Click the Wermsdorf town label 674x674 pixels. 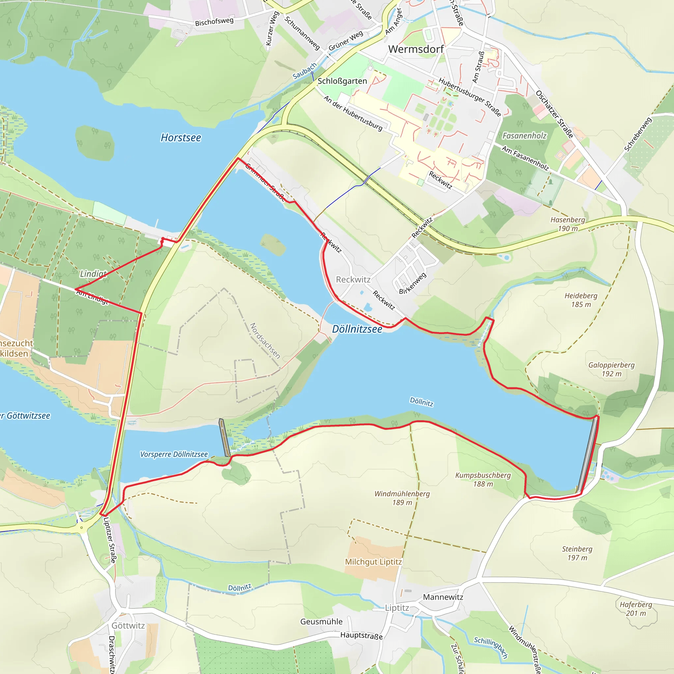416,49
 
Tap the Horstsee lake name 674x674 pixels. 181,138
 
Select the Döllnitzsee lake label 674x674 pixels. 357,329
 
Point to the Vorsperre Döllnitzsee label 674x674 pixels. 174,454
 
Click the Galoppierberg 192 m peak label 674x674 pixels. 611,369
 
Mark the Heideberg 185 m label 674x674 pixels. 581,300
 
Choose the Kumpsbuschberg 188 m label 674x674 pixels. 483,479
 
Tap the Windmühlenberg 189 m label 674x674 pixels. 402,498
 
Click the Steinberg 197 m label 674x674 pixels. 577,553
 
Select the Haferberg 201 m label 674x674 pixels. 635,609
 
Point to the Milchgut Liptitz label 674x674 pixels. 373,562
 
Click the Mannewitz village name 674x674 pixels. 443,597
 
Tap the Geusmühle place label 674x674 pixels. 321,621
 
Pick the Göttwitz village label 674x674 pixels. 128,626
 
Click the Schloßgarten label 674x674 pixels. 342,81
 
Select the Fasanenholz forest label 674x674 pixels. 524,136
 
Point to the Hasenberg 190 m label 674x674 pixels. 568,224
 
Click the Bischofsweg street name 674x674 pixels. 214,22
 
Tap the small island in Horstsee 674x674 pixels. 95,143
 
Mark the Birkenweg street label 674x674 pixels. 413,283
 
